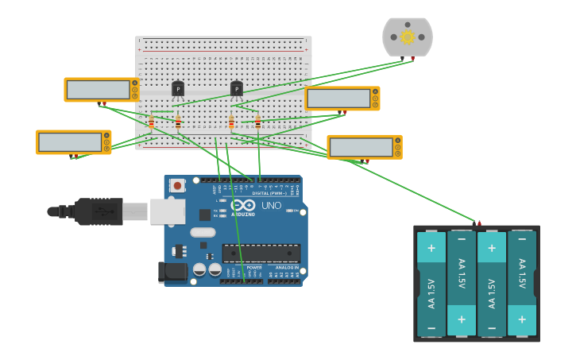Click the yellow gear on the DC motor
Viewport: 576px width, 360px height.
[408, 37]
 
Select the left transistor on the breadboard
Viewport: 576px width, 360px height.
[178, 88]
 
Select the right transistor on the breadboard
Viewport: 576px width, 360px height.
[237, 88]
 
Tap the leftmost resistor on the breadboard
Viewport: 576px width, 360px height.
[152, 122]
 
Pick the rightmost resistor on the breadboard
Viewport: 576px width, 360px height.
[257, 122]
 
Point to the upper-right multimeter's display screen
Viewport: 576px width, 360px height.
[338, 99]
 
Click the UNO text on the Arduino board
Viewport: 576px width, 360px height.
[272, 206]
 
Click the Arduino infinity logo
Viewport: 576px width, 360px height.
[243, 205]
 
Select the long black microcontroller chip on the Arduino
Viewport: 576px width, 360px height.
[261, 254]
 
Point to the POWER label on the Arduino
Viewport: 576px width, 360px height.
[254, 268]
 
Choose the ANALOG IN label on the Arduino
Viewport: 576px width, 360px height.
[287, 268]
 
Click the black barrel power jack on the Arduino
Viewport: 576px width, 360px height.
[172, 273]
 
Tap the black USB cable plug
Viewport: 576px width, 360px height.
[95, 211]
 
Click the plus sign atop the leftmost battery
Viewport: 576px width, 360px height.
[431, 247]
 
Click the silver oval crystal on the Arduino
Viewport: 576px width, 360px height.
[203, 233]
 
